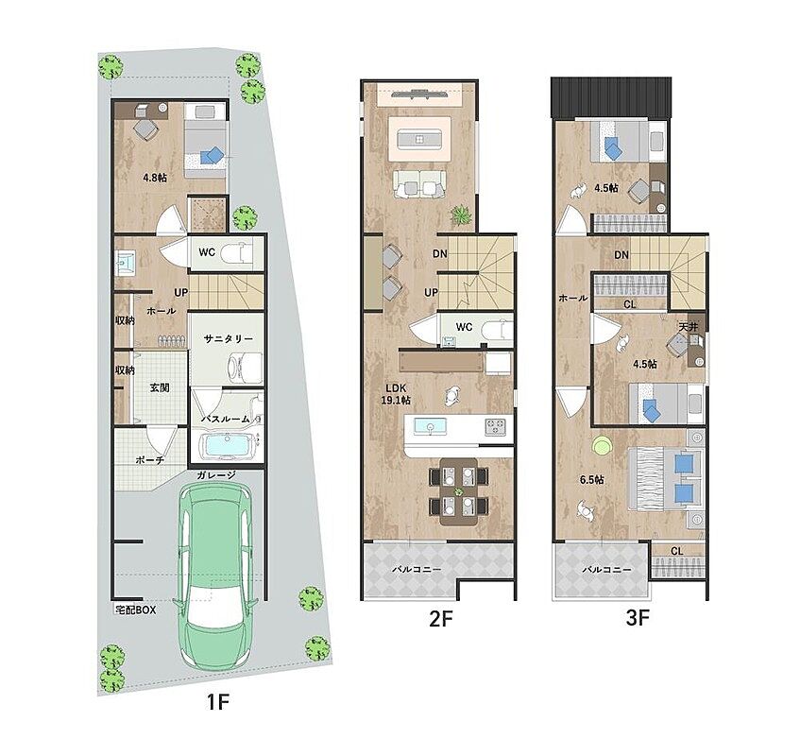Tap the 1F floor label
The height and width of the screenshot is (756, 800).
(x=218, y=702)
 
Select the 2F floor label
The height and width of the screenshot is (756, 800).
(x=441, y=619)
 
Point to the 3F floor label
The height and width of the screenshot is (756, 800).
(x=637, y=619)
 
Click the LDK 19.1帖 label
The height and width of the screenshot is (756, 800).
(x=396, y=394)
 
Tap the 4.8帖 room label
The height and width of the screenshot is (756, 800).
(x=155, y=179)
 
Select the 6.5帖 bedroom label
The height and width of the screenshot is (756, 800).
(x=592, y=480)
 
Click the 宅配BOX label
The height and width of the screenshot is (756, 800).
(x=136, y=610)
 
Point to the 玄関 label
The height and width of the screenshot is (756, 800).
(x=160, y=388)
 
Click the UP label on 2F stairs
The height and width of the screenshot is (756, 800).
(x=431, y=293)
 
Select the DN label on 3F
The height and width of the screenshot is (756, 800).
(x=621, y=255)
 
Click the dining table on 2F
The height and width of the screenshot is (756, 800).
(x=459, y=492)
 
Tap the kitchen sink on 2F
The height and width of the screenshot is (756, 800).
(x=430, y=427)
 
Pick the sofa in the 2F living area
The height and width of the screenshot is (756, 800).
(x=419, y=183)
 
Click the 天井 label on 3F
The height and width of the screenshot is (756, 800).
(x=688, y=327)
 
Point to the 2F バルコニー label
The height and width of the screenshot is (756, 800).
(x=417, y=569)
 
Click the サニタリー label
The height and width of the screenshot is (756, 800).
(x=228, y=339)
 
